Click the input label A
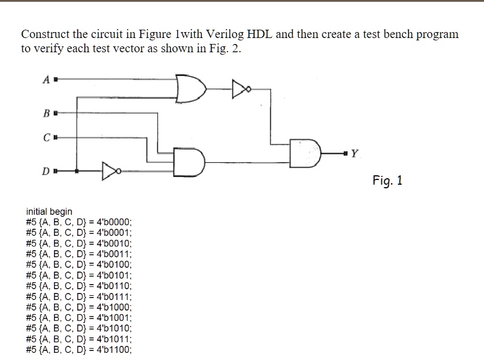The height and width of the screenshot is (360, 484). [x=46, y=80]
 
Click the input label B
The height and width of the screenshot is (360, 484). [x=46, y=111]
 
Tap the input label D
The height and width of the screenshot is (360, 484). [x=46, y=172]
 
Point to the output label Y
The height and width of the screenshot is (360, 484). [x=355, y=153]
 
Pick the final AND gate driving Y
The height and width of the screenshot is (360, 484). [x=305, y=153]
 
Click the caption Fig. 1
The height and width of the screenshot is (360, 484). [x=387, y=181]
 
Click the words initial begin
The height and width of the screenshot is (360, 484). [x=49, y=211]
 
